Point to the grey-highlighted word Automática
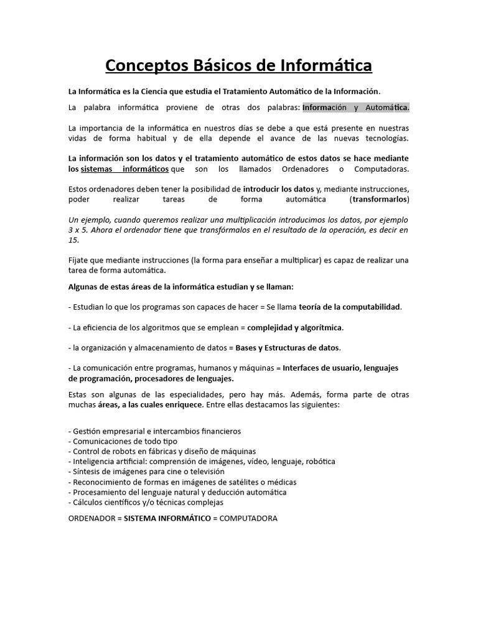click(387, 108)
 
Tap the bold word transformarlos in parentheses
click(380, 199)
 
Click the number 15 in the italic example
click(73, 239)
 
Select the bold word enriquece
click(182, 404)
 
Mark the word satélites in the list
click(232, 482)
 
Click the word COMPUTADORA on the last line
click(249, 518)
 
